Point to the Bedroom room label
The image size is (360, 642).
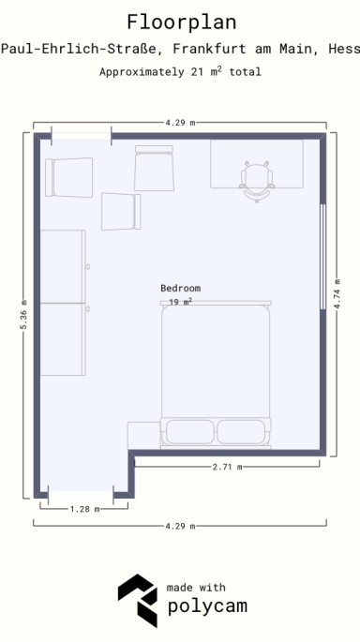pos(180,288)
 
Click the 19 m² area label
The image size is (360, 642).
pos(180,302)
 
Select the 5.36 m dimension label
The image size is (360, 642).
pos(22,315)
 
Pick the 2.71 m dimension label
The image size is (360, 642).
pos(227,466)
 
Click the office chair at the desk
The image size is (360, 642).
pos(256,181)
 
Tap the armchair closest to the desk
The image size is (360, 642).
pos(155,169)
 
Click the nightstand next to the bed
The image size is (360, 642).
pos(143,435)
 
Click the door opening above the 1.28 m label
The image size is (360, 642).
pos(81,493)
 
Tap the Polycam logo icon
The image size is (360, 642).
pos(137,599)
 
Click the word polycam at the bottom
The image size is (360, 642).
pos(207,606)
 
